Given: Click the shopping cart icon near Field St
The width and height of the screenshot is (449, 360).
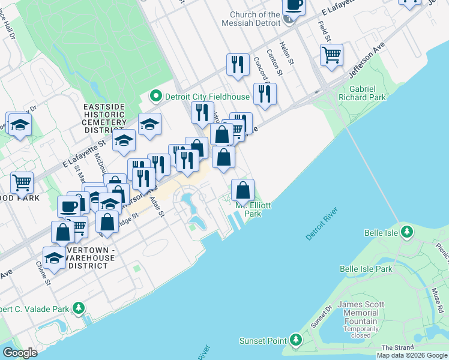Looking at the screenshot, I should pos(331,56).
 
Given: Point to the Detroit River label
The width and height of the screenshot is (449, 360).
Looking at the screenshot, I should pos(322,224).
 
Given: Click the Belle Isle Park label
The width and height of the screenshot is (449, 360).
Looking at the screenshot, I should pos(366,269).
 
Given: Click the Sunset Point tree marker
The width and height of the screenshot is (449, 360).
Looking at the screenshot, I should pos(295,341).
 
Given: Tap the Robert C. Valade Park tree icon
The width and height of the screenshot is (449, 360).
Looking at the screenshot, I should pos(78,308).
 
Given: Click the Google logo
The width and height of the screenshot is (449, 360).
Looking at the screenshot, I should pos(20,353).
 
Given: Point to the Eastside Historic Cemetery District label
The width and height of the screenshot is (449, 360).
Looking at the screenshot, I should pos(104,118).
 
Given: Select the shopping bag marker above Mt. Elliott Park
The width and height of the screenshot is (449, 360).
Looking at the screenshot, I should pos(243,190).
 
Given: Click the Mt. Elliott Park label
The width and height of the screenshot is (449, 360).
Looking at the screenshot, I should pos(253,209).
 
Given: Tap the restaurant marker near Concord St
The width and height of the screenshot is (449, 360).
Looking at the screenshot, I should pos(265,94).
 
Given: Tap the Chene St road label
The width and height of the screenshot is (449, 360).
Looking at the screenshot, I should pos(41,272).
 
